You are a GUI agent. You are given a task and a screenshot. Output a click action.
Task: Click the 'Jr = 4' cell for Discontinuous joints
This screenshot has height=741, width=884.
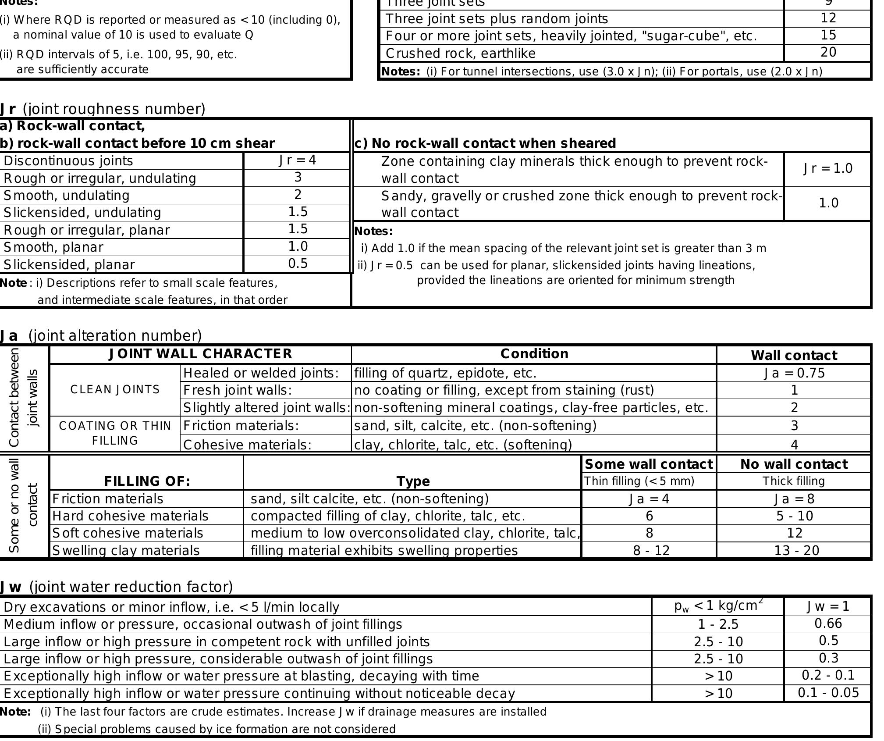click(298, 160)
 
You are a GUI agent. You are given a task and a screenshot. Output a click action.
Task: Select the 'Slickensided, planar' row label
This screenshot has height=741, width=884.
click(69, 264)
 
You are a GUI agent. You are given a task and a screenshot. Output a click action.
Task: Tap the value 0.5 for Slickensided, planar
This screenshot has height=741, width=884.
click(298, 264)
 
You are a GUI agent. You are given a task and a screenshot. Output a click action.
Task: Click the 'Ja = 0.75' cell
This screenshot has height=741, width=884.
click(794, 373)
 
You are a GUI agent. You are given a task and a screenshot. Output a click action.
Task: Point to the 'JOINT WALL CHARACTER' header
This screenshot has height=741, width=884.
click(200, 354)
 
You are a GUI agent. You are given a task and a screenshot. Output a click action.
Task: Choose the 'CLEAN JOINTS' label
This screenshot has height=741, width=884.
click(115, 390)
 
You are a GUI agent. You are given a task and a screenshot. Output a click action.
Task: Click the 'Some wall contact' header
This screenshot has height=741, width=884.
click(649, 464)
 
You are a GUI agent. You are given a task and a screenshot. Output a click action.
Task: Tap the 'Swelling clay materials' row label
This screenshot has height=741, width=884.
click(126, 550)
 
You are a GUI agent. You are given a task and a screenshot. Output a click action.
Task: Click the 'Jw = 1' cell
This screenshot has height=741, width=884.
click(828, 606)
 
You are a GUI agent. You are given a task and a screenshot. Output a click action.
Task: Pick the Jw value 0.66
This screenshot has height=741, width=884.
click(828, 623)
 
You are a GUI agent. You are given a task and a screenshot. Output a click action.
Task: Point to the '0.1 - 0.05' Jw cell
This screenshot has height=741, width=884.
click(828, 693)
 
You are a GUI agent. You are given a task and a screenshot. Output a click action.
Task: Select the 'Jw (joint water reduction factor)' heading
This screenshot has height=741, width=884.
click(116, 587)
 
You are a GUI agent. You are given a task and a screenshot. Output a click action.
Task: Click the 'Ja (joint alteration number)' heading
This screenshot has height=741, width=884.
click(101, 335)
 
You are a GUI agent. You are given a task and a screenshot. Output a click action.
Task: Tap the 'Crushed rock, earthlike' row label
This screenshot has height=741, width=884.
click(460, 53)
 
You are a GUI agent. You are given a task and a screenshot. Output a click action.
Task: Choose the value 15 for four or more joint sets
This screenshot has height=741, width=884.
click(828, 35)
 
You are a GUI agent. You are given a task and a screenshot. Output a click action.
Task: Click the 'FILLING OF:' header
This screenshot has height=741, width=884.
click(147, 481)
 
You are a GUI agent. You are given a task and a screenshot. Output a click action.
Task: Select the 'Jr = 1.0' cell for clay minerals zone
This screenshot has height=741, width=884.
click(828, 168)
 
